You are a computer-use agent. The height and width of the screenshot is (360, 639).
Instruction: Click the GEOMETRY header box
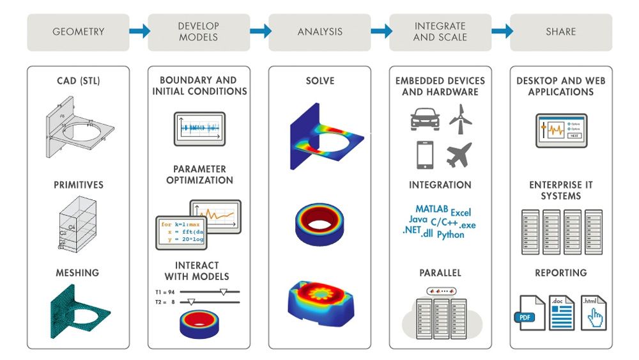point(78,32)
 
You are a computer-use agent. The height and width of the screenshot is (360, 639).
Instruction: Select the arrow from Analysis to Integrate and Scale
point(381,31)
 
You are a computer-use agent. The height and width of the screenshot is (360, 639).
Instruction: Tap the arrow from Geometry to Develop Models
point(139,31)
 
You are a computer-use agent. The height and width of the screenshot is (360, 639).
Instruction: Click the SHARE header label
point(560,32)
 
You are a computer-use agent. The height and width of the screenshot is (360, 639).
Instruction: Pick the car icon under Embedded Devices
point(424,120)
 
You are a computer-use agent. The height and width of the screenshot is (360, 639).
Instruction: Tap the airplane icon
point(459,155)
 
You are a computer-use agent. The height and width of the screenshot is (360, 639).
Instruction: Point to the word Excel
point(461,212)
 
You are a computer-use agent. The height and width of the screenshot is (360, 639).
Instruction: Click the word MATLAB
point(433,209)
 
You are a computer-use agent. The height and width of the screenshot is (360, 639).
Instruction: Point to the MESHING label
point(77,272)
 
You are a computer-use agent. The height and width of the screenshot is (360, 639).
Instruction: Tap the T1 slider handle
point(223,291)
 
